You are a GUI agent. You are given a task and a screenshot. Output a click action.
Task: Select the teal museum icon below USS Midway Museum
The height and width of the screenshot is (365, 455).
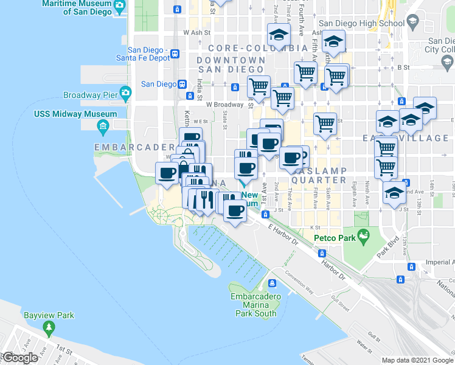point(102,127)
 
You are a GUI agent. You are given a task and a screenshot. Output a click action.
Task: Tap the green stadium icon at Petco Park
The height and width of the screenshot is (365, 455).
point(363,235)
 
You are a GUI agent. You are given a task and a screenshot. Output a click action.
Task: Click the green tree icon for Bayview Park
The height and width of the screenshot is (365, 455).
point(49,327)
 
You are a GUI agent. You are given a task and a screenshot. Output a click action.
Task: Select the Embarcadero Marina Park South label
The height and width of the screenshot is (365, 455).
point(255,305)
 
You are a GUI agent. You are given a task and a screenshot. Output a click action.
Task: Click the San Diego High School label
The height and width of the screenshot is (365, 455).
point(361,23)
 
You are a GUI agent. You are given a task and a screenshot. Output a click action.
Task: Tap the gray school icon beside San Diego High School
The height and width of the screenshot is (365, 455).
point(413,23)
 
